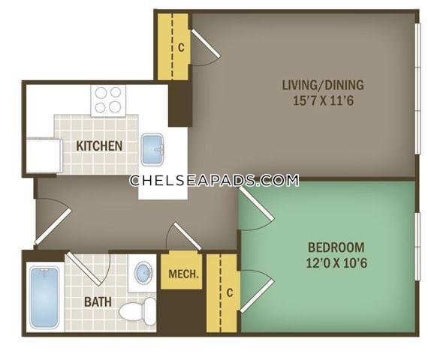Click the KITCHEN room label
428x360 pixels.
pos(99,146)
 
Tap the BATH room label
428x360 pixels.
pos(98,302)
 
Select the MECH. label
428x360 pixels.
pos(183,274)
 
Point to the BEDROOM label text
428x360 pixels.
pos(336,247)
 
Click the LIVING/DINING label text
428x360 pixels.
pos(323,85)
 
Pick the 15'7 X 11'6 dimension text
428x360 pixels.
pos(323,101)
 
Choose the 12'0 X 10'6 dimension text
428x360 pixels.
pos(336,263)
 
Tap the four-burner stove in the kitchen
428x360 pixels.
pos(108,100)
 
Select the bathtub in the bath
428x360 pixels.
pos(44,298)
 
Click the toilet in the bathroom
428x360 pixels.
pos(137,311)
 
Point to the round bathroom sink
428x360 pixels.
pos(143,271)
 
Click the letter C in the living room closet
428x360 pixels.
pos(181,47)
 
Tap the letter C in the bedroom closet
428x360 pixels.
pos(230,292)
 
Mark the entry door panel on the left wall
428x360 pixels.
pos(53,226)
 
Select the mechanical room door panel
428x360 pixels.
pos(187,236)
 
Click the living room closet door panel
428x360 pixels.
pos(206,43)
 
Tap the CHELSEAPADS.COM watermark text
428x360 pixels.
pos(214,181)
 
